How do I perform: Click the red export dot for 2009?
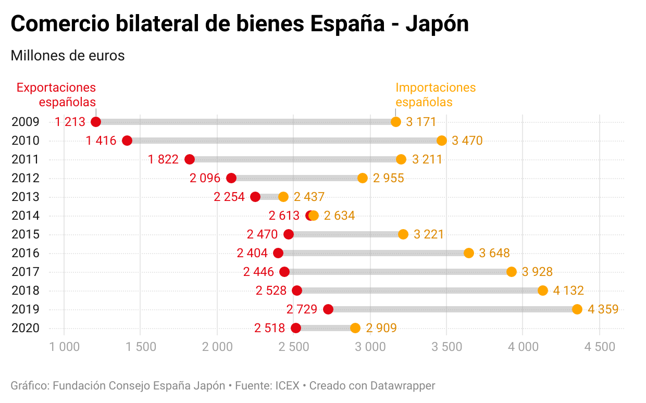click(x=96, y=122)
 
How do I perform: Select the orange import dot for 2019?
click(x=577, y=309)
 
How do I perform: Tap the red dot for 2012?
click(x=231, y=178)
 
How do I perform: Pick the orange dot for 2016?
click(x=469, y=253)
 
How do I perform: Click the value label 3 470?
click(x=467, y=141)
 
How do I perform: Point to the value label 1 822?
click(x=163, y=159)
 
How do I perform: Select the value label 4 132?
click(x=568, y=291)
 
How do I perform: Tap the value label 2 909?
click(x=381, y=328)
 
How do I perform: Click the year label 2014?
click(x=26, y=216)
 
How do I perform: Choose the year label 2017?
click(x=26, y=272)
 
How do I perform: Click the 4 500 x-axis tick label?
click(x=600, y=347)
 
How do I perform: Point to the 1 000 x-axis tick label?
click(x=65, y=347)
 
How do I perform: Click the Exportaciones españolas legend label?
click(x=56, y=94)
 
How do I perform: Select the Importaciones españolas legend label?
click(x=436, y=94)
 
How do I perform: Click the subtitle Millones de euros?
click(x=68, y=55)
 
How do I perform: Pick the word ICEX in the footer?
click(x=287, y=386)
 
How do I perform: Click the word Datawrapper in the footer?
click(x=402, y=386)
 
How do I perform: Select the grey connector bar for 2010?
click(x=284, y=141)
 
